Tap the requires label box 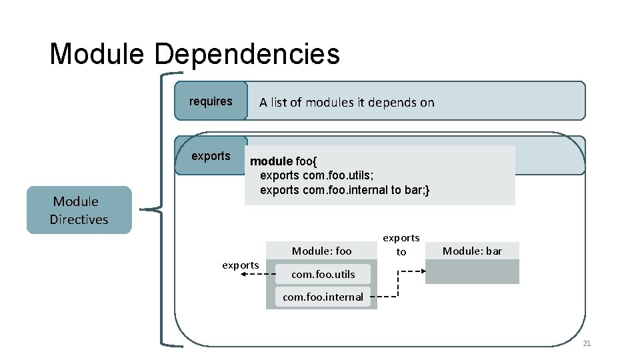coord(211,101)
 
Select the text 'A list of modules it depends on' coord(347,102)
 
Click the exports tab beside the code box coord(211,156)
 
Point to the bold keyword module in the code coord(271,161)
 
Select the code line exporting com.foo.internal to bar coord(345,191)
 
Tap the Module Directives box coord(79,210)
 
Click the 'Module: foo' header coord(321,251)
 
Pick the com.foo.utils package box coord(323,274)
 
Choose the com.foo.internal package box coord(323,297)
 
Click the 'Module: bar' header coord(472,251)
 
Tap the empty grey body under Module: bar coord(472,271)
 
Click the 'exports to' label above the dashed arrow coord(401,245)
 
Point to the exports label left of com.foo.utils coord(241,265)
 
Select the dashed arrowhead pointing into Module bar coord(421,271)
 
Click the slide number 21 coord(587,343)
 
